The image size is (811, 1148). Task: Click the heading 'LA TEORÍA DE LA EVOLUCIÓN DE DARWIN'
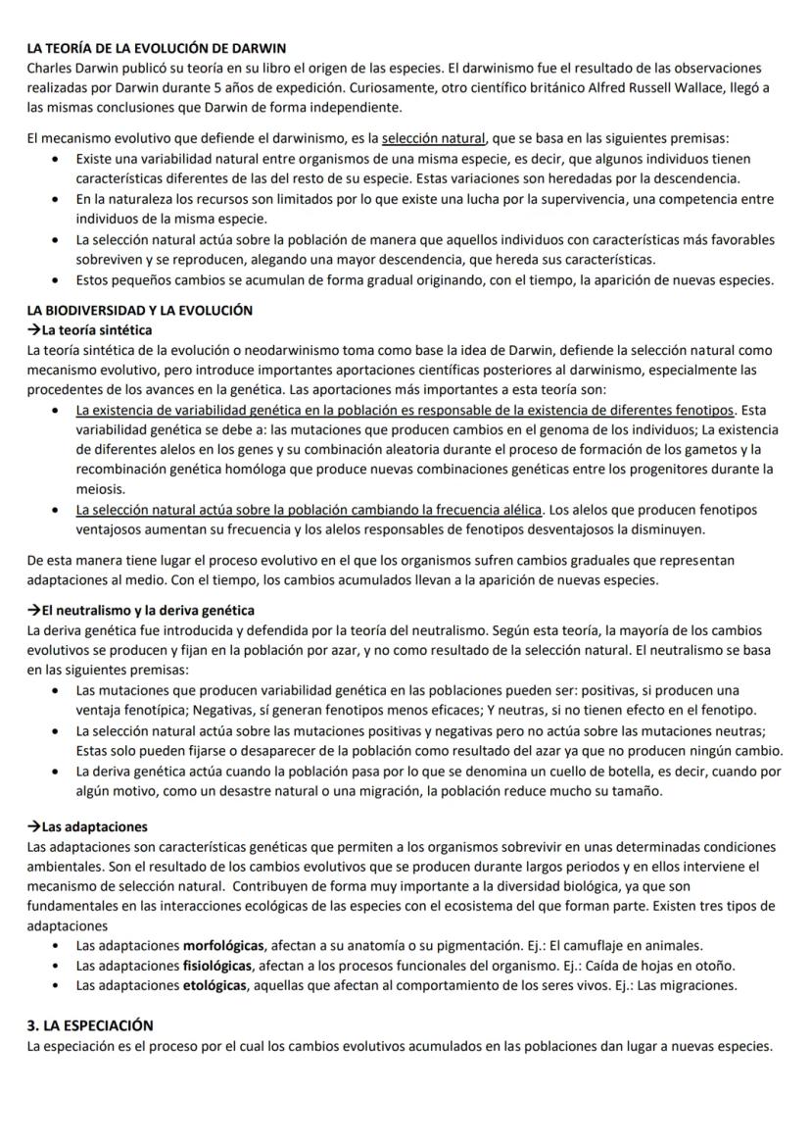(x=157, y=48)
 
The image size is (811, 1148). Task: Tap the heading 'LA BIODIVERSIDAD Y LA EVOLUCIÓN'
(x=140, y=310)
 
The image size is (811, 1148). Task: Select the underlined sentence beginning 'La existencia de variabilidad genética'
(x=405, y=409)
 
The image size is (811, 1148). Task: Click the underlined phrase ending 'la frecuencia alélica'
(x=310, y=510)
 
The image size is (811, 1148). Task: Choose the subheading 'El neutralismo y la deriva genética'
(x=148, y=610)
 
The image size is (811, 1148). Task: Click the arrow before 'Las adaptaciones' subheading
(x=34, y=826)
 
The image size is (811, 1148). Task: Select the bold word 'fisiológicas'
(x=215, y=965)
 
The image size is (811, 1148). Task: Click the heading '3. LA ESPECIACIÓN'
(x=90, y=1024)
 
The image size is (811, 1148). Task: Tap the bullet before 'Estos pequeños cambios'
(x=64, y=279)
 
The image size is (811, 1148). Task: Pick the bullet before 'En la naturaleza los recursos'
(x=64, y=199)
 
